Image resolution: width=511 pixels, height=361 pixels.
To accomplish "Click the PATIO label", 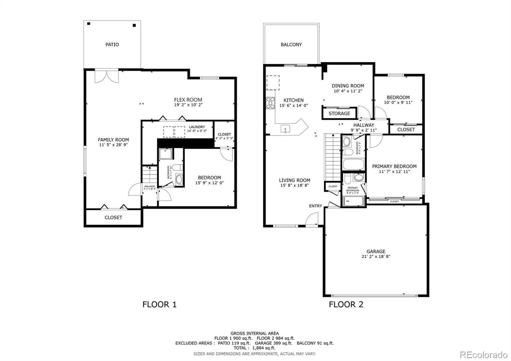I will [112, 45].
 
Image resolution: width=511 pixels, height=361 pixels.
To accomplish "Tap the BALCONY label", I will [291, 45].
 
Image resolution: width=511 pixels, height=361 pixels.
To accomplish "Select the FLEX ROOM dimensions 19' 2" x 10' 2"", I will [188, 104].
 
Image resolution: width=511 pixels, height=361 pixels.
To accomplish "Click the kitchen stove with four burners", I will [271, 103].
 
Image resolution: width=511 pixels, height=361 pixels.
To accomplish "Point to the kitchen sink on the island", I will [285, 129].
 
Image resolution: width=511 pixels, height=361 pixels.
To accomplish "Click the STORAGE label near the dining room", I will [339, 113].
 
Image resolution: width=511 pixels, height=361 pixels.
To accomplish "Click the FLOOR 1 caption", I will [159, 304].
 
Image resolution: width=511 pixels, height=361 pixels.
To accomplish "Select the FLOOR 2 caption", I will [346, 304].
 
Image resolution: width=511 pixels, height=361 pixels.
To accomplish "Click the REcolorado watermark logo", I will [483, 355].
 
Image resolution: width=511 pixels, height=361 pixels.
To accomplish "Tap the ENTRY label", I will [315, 206].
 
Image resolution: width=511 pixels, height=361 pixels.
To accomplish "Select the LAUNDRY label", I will [197, 127].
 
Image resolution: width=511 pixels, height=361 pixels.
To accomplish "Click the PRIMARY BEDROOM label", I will [394, 166].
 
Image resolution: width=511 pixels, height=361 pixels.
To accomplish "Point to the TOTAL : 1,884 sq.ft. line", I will [254, 348].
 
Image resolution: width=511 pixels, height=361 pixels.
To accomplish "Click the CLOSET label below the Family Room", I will [113, 217].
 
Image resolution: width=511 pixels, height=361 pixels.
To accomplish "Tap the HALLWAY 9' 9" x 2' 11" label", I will [364, 127].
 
